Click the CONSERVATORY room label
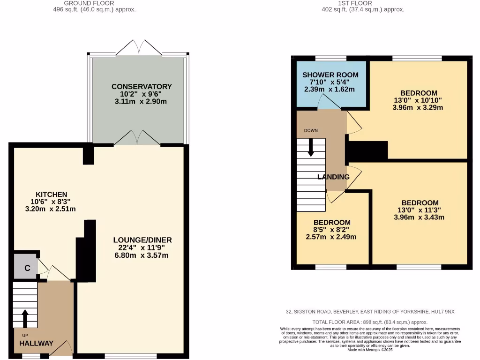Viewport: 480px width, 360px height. (x=142, y=86)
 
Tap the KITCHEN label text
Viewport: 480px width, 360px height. (x=52, y=194)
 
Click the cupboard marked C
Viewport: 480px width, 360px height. (x=27, y=268)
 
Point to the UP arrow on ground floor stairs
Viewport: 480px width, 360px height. (x=24, y=318)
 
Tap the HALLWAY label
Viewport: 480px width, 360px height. (x=37, y=343)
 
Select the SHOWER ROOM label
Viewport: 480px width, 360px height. (x=330, y=75)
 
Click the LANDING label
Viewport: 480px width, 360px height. (x=333, y=177)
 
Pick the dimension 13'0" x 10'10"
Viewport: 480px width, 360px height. (x=418, y=100)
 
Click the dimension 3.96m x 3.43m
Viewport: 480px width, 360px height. (x=418, y=217)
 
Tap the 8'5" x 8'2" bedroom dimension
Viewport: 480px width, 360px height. (x=331, y=230)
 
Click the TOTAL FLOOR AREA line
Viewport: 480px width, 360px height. (x=370, y=322)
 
